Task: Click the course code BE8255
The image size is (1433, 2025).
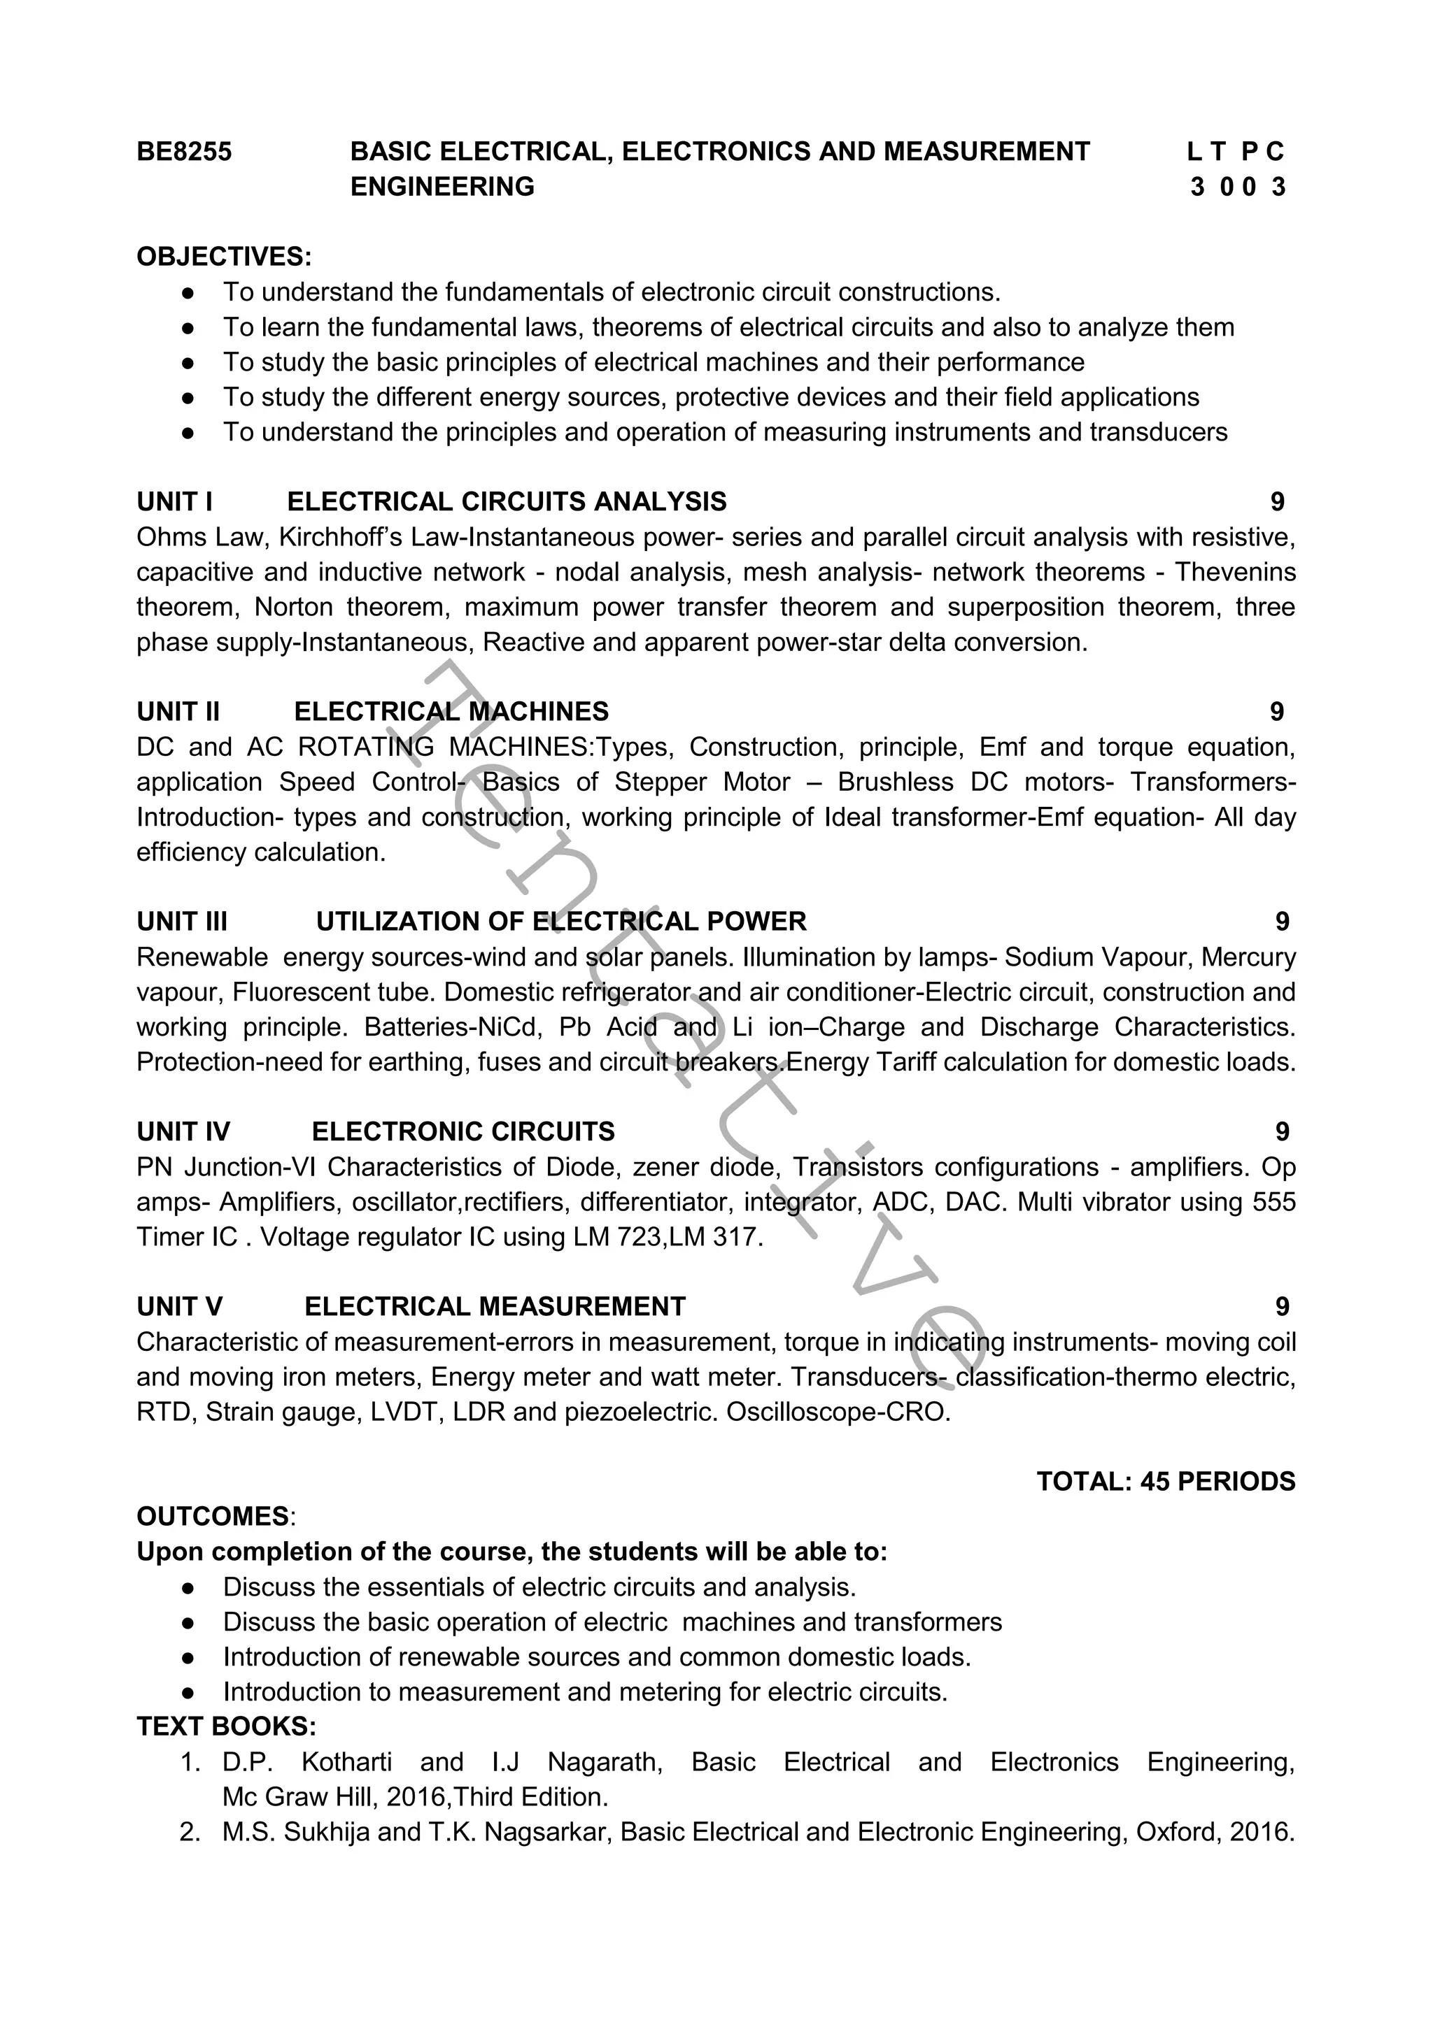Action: [x=183, y=152]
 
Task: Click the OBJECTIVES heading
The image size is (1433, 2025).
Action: [x=224, y=257]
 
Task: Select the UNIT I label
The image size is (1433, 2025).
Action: [x=174, y=502]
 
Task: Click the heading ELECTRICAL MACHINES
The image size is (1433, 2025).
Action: [x=451, y=712]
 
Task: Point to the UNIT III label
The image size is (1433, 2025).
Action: [x=182, y=922]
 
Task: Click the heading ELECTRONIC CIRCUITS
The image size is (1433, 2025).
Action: [x=463, y=1131]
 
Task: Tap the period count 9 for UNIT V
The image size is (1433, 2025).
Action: [x=1282, y=1306]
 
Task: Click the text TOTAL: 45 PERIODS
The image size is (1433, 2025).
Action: [x=1166, y=1482]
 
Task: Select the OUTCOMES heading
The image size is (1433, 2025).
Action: [x=213, y=1517]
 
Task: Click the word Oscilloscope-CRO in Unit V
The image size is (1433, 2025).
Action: [x=838, y=1412]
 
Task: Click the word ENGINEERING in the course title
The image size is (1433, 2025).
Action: [x=442, y=187]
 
